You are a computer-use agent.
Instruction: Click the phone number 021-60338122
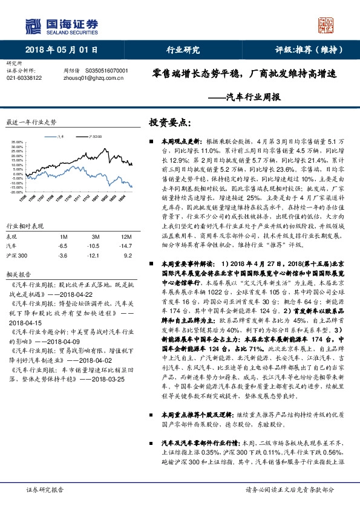[x=24, y=78]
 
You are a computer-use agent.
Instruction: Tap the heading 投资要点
[x=169, y=122]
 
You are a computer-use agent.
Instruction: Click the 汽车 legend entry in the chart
[x=58, y=137]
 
